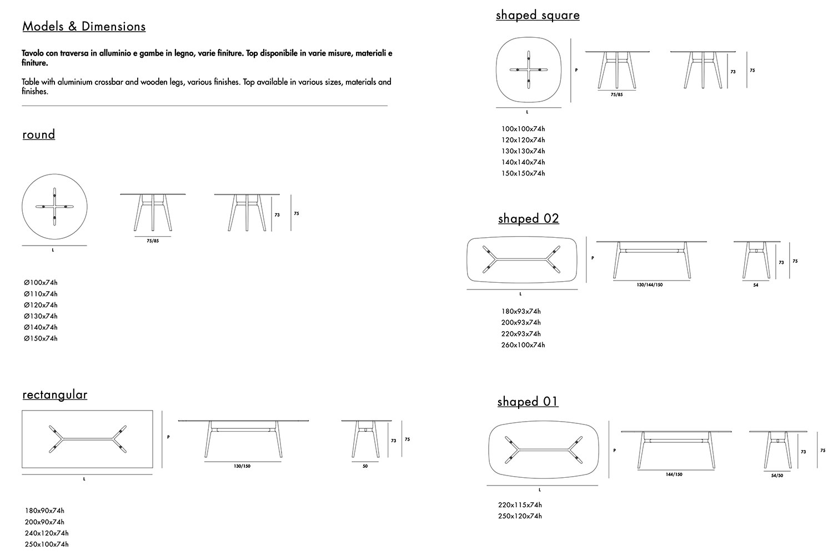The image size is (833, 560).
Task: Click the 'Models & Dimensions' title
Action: point(84,27)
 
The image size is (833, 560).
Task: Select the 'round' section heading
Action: point(39,134)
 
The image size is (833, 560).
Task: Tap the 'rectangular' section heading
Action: point(55,394)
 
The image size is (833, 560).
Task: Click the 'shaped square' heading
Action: point(538,15)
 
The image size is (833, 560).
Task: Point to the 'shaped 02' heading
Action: point(528,219)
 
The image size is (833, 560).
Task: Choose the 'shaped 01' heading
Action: point(528,402)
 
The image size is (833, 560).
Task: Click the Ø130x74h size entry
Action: point(41,316)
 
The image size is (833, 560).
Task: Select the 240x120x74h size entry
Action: point(47,533)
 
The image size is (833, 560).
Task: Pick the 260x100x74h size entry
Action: point(523,345)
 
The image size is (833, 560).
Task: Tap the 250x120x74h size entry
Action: point(520,516)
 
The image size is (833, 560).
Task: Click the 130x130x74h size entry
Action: point(523,151)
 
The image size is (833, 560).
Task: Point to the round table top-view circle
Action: point(55,207)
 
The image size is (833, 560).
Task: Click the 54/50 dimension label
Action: point(777,476)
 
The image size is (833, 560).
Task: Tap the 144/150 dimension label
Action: point(674,475)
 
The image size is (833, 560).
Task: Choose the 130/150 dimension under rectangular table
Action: point(242,466)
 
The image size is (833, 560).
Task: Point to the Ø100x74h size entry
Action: point(41,283)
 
